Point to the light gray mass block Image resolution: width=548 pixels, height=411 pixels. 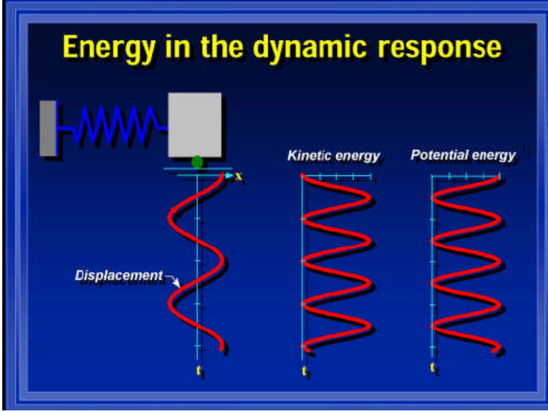point(194,124)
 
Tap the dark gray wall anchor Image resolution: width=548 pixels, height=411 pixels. point(48,128)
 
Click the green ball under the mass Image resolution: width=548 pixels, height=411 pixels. point(197,162)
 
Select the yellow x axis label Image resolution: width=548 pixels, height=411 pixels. point(239,176)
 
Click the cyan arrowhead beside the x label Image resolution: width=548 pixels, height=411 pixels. point(229,176)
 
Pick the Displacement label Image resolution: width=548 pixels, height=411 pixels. point(119,276)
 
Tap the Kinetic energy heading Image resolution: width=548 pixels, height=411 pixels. point(333,155)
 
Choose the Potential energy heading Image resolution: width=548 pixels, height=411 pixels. point(463,155)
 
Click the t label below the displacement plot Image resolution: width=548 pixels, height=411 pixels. point(199,370)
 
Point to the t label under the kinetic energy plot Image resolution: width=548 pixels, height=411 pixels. point(304,372)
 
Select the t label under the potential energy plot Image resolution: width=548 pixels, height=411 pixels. point(434,368)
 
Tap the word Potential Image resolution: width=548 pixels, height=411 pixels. point(437,155)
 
